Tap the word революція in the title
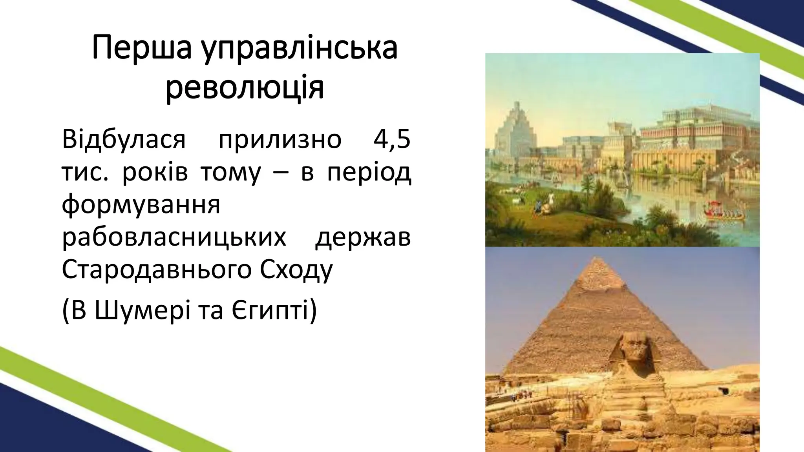coord(245,88)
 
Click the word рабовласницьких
coord(174,237)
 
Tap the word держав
coord(363,238)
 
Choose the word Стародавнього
coord(157,270)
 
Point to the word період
coord(369,173)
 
